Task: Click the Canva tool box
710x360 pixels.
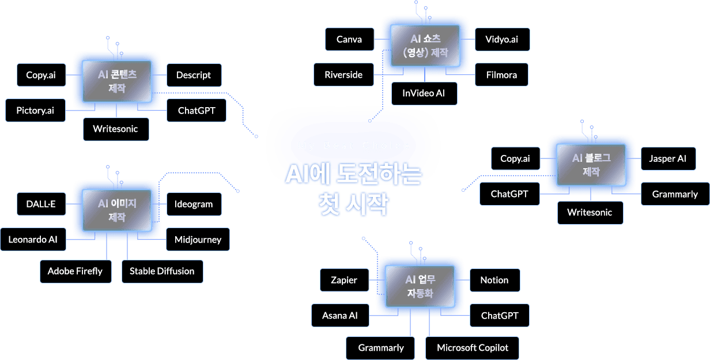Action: click(349, 39)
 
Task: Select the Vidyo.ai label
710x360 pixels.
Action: click(501, 39)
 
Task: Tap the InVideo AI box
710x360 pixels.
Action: click(424, 93)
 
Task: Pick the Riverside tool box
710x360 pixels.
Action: click(343, 75)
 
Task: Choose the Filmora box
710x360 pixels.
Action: click(501, 75)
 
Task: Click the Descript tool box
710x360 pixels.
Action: click(194, 75)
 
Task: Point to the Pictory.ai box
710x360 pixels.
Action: click(35, 111)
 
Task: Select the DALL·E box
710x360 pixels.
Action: click(41, 204)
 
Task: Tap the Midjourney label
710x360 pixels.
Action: click(198, 240)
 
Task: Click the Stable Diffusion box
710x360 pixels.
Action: click(162, 271)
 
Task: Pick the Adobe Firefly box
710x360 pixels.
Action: click(75, 271)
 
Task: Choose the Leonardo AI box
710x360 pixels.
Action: click(33, 240)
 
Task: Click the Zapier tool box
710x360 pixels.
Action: click(344, 280)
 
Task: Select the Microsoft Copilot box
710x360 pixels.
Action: click(473, 348)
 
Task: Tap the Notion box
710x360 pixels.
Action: click(494, 280)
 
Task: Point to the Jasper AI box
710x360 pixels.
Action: click(668, 158)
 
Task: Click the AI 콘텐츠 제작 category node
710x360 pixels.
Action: click(117, 81)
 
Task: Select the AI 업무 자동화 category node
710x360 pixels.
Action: click(420, 286)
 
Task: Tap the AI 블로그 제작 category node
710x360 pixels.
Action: click(591, 165)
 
